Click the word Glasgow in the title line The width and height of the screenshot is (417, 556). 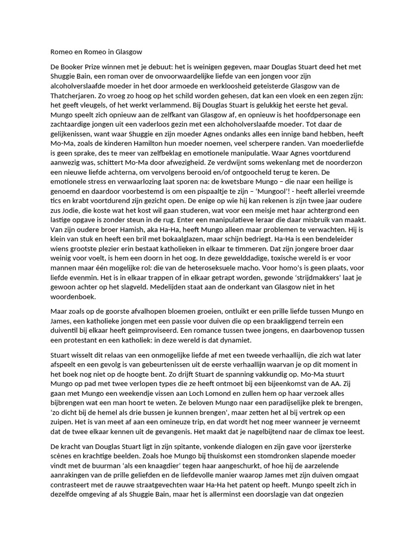pyautogui.click(x=128, y=52)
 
